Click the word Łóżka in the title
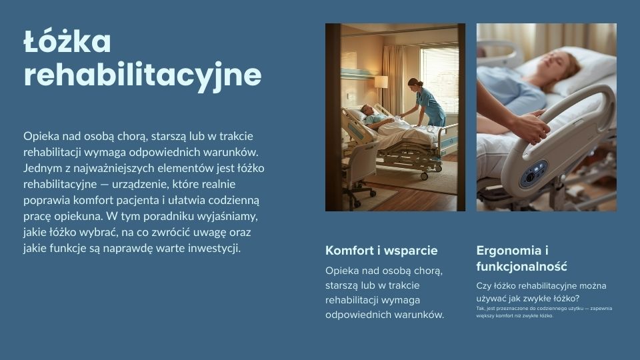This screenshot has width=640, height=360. click(x=67, y=41)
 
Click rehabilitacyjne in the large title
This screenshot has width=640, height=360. click(x=143, y=75)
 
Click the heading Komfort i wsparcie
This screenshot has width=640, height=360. click(x=381, y=250)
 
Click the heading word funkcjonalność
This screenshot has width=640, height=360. click(x=521, y=267)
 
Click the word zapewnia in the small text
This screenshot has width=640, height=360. click(x=601, y=309)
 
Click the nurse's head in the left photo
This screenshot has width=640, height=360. click(x=415, y=84)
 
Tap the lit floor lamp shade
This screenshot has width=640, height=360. click(x=381, y=81)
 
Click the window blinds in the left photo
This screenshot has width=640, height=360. click(x=439, y=79)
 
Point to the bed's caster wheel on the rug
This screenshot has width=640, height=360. click(x=424, y=176)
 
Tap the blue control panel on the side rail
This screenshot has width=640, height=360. click(x=533, y=173)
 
